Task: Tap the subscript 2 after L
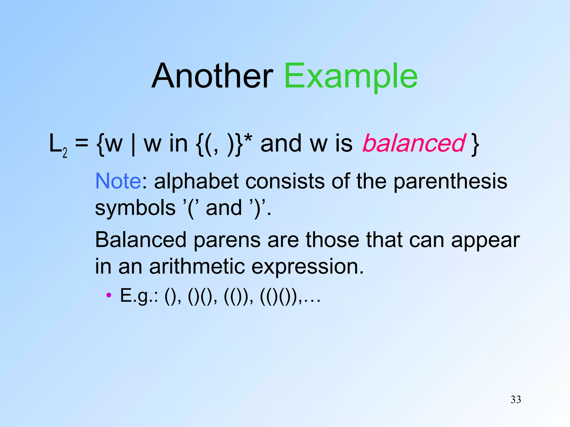(x=65, y=153)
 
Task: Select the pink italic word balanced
(x=414, y=143)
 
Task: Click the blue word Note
(x=118, y=181)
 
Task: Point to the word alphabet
(x=196, y=181)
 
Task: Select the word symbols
(x=135, y=208)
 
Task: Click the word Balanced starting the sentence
(x=141, y=240)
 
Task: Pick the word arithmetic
(x=197, y=266)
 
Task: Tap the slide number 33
(x=516, y=399)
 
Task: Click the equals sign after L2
(x=82, y=143)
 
